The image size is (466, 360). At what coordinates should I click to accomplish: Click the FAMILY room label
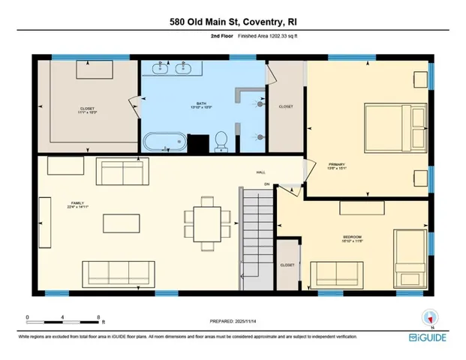(x=56, y=204)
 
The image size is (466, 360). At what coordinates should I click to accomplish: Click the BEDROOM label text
(x=352, y=239)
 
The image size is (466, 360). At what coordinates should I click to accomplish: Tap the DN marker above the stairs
(x=266, y=184)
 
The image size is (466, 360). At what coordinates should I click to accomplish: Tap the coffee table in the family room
(x=119, y=223)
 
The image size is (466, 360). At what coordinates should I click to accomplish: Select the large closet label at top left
(x=87, y=110)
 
